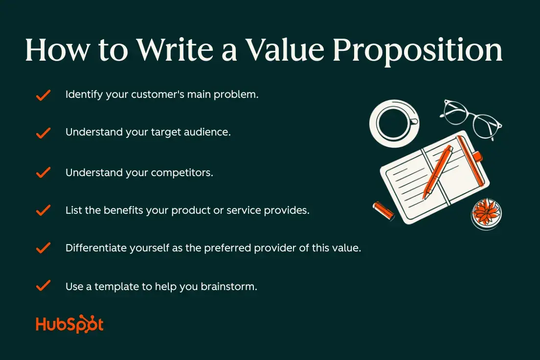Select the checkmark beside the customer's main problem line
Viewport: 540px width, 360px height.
44,95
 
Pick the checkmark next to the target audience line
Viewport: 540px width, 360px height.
44,133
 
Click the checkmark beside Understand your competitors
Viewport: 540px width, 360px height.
44,172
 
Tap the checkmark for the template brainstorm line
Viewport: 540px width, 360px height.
44,286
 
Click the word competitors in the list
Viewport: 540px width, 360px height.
181,173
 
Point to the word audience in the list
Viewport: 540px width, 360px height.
206,132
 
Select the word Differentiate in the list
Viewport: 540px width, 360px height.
95,248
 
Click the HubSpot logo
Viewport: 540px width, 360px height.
69,325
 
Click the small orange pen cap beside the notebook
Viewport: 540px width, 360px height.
383,210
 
